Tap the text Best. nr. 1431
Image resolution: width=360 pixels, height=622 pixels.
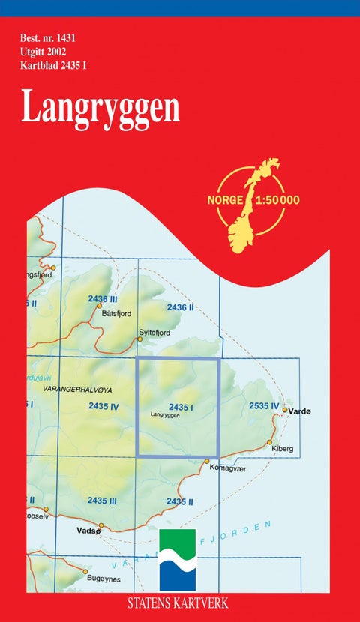(x=49, y=37)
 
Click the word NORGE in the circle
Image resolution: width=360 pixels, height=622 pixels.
(x=223, y=200)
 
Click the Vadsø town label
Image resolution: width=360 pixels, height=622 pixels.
(x=88, y=529)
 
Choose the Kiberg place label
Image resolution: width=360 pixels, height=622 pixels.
(x=283, y=449)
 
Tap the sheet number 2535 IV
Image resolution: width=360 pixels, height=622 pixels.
(x=264, y=406)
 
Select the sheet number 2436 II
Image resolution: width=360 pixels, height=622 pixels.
(x=181, y=307)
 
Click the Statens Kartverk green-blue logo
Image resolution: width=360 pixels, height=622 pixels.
(x=178, y=561)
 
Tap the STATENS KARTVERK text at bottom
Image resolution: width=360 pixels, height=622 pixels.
(x=178, y=603)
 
